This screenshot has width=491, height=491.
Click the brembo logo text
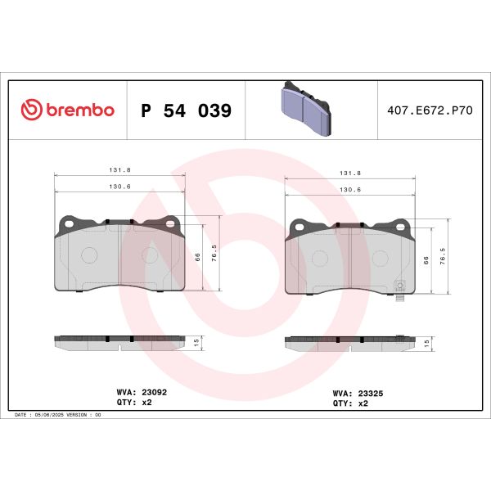coord(79,110)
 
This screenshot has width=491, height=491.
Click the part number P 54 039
coord(187,110)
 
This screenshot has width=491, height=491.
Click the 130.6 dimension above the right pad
coord(349,190)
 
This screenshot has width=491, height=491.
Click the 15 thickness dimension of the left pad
coord(197,343)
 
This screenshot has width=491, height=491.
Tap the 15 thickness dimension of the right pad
coord(427,344)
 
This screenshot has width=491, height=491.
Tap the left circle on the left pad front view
coord(88,255)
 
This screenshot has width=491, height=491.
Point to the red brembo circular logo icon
coord(30,110)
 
